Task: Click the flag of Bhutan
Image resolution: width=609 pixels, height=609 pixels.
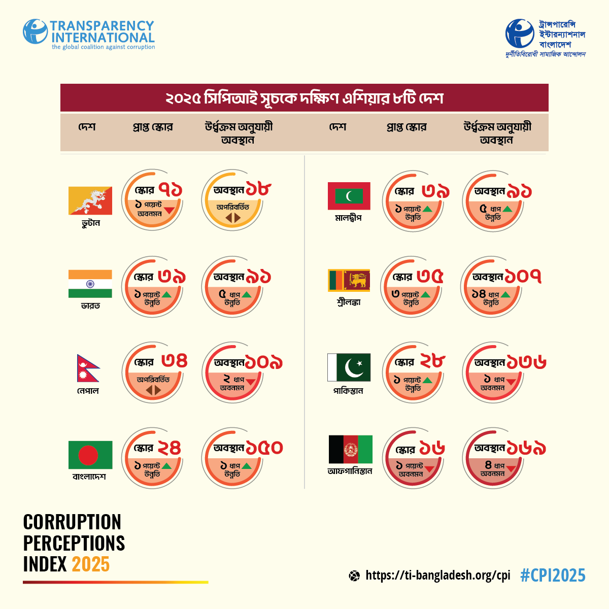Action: click(90, 200)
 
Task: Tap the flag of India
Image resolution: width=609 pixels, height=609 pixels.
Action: click(90, 284)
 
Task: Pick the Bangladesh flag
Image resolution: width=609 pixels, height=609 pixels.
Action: click(90, 455)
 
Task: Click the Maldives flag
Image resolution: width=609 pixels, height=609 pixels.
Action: click(349, 196)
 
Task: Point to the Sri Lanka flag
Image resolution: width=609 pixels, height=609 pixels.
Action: click(349, 281)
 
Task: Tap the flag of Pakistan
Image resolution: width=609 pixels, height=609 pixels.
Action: click(349, 367)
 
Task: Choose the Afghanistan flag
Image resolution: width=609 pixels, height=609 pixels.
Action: click(351, 449)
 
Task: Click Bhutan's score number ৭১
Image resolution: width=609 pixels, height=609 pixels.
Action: click(171, 190)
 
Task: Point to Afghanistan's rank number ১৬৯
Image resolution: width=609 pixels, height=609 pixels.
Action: click(526, 449)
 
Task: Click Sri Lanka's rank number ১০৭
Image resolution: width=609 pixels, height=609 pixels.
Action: click(523, 277)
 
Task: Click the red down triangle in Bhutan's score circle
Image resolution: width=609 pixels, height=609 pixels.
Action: click(169, 210)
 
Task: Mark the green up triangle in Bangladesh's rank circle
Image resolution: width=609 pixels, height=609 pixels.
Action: click(247, 466)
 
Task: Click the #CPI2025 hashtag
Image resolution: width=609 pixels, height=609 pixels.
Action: click(553, 576)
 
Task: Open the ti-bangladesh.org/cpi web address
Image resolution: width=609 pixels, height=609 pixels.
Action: click(437, 576)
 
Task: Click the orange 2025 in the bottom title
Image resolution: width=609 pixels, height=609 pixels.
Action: click(90, 564)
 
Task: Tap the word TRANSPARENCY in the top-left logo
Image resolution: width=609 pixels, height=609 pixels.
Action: click(101, 26)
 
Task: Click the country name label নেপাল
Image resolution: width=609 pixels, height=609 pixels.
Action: click(88, 391)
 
